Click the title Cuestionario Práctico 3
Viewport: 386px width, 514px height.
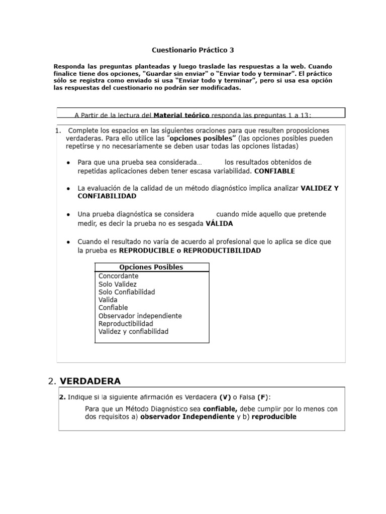click(192, 50)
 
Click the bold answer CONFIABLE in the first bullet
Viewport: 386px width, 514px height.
click(275, 171)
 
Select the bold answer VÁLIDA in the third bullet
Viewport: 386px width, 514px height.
click(219, 223)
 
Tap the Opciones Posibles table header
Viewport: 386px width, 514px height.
click(151, 267)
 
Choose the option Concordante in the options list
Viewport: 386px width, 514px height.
click(119, 276)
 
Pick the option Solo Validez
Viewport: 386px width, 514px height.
click(118, 284)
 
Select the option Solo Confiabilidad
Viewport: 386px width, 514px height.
click(127, 292)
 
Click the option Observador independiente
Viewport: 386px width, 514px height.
click(140, 316)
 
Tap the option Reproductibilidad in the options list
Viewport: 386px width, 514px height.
click(126, 324)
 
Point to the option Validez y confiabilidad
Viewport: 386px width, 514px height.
click(134, 332)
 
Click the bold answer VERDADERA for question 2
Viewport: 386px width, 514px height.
click(90, 381)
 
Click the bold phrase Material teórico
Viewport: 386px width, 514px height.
click(181, 115)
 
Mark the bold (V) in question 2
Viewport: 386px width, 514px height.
click(225, 398)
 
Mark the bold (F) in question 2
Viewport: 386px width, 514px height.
click(262, 398)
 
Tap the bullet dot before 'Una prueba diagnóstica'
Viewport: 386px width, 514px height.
click(68, 214)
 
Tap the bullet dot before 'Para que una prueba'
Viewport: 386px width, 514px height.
click(68, 163)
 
